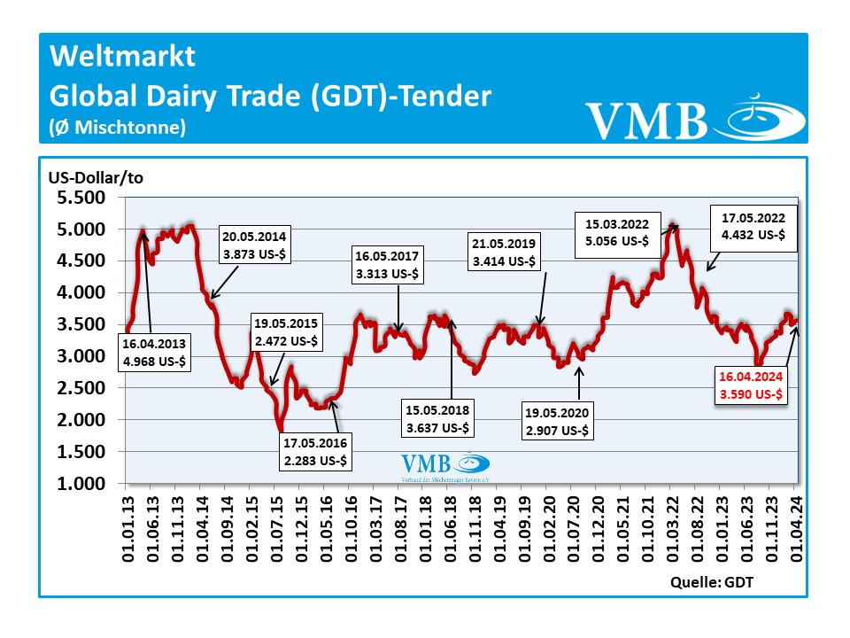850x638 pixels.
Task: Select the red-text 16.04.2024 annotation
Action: point(751,386)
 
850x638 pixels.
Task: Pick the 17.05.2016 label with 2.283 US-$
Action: point(317,453)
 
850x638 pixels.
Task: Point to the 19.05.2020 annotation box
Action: point(559,422)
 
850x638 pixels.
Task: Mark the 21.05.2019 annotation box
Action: point(504,253)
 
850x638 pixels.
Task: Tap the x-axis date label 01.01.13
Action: point(126,526)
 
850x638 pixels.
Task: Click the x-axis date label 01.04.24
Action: point(795,526)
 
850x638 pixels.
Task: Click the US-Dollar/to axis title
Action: point(96,176)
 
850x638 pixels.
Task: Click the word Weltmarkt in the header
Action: point(122,57)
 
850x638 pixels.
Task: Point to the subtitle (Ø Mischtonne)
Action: point(117,128)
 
